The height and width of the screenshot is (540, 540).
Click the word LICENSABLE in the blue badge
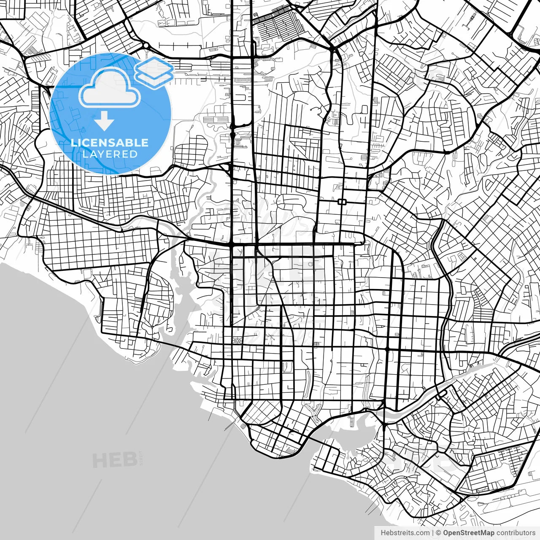[x=110, y=143]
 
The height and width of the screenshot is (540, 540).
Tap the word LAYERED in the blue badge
[x=110, y=154]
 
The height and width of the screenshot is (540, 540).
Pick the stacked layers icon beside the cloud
[x=154, y=72]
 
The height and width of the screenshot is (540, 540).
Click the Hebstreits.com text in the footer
[x=405, y=533]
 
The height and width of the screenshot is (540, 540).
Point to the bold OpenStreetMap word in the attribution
[x=469, y=533]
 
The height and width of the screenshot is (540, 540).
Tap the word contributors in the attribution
[x=516, y=533]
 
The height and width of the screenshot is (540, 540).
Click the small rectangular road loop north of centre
[x=342, y=202]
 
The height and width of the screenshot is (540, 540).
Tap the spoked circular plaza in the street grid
[x=237, y=340]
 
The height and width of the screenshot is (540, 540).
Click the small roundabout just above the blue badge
[x=146, y=46]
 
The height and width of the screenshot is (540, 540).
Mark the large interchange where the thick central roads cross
[x=232, y=244]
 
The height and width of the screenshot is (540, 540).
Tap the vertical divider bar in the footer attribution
[x=433, y=533]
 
